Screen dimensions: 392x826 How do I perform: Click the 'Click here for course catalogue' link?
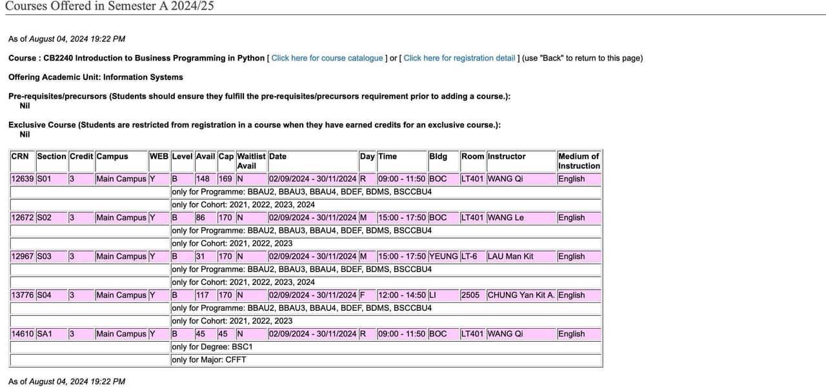(x=327, y=58)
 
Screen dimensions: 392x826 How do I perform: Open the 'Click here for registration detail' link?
(x=459, y=58)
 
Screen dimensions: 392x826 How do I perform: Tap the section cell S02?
(x=45, y=218)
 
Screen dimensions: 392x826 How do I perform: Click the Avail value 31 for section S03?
(x=200, y=257)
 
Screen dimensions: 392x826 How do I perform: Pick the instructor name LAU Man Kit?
(x=510, y=257)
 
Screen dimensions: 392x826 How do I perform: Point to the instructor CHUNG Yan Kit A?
(x=521, y=295)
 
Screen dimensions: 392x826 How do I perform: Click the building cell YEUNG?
(x=443, y=257)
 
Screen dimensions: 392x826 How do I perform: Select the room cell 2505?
(x=470, y=295)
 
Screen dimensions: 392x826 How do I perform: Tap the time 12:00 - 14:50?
(x=401, y=295)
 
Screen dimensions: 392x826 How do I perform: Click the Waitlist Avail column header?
(x=251, y=161)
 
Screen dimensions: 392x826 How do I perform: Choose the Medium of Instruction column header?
(x=579, y=161)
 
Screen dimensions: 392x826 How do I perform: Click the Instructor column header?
(x=507, y=157)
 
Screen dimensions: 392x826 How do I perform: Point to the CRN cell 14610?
(x=23, y=334)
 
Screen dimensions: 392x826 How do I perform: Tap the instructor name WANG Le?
(x=505, y=218)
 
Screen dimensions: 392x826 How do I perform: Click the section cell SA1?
(x=45, y=334)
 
